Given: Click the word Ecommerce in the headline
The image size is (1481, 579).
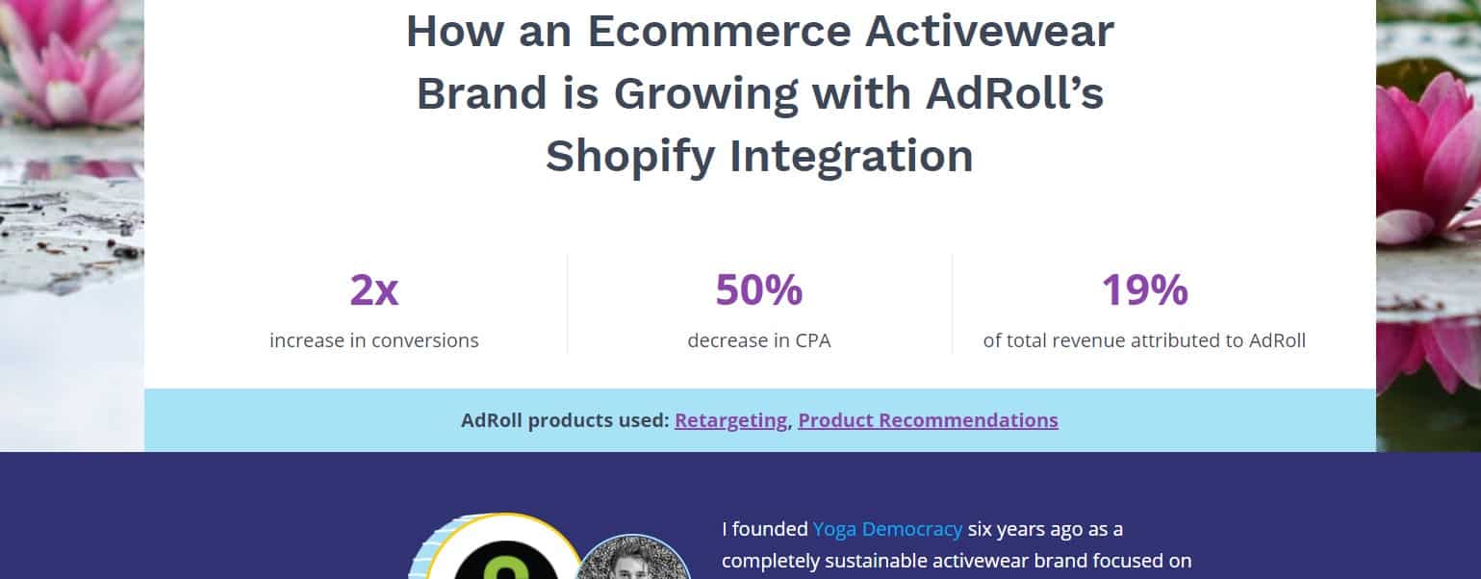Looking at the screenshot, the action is point(719,32).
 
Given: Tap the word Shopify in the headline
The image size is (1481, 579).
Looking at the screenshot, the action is point(630,158).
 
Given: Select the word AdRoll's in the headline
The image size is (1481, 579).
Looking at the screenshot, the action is point(1014,93).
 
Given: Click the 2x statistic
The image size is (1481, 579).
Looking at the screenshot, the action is point(374,289).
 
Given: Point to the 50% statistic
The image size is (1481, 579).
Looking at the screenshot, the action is point(759,289).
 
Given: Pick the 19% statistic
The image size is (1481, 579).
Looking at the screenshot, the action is point(1144,289).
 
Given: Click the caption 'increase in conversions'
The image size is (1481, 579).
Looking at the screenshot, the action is point(374,340).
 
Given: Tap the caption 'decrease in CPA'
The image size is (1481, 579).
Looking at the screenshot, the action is point(759,340).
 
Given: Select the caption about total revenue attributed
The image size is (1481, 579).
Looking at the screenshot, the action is point(1144,340).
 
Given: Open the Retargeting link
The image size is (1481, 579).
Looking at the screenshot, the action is point(730,420).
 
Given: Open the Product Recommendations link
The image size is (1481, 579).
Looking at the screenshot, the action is point(929,420).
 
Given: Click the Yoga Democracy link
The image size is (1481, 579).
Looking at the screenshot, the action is point(887,529).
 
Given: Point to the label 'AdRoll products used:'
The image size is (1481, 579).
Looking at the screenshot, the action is point(565,420).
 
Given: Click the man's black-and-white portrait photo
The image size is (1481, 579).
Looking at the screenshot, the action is point(633,559).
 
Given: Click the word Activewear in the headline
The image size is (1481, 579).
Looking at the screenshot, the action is point(990,32).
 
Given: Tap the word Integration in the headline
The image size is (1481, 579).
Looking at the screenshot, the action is point(852,158).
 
